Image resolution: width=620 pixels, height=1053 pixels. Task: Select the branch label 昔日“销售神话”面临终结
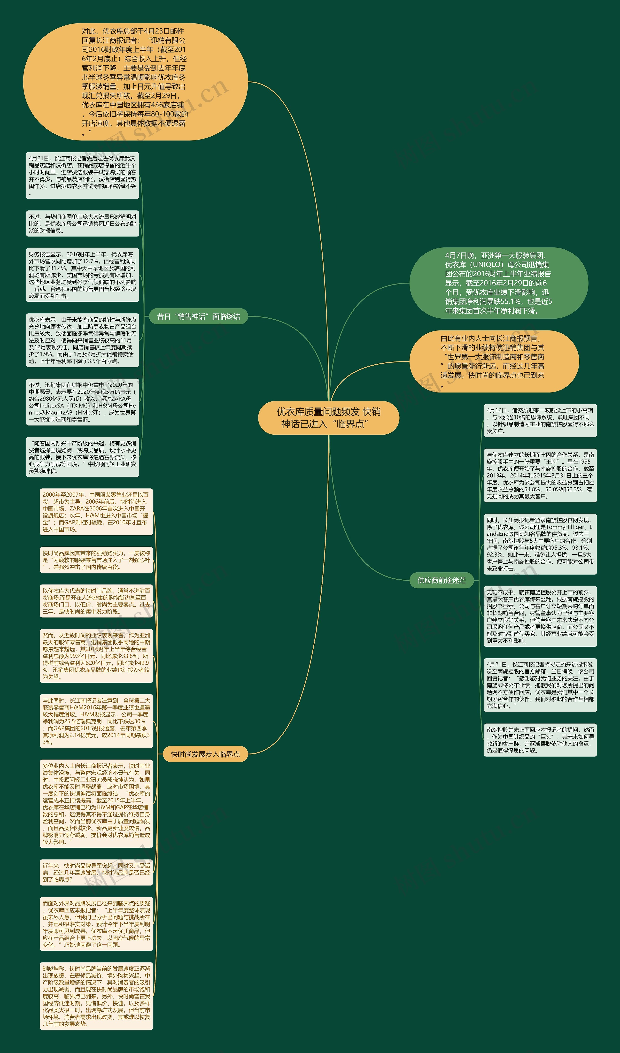199,316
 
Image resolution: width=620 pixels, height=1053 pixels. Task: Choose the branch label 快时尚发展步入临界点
205,754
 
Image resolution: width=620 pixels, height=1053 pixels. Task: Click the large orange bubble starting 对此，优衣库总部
135,82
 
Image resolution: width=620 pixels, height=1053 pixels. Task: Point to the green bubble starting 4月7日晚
498,283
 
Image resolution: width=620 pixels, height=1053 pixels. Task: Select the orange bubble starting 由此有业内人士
494,361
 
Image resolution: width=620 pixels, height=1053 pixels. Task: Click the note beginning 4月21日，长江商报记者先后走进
82,176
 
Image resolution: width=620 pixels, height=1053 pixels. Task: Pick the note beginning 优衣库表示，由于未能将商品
82,340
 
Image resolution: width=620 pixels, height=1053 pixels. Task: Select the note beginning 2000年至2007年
96,512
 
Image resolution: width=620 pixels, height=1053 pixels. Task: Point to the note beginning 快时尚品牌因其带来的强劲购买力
96,560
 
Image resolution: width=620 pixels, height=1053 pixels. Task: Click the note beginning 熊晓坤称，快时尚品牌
96,996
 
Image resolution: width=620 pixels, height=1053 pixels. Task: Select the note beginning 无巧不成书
540,616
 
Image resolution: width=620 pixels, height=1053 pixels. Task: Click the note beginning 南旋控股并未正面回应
540,740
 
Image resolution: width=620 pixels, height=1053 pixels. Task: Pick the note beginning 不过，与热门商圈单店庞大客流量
82,223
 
